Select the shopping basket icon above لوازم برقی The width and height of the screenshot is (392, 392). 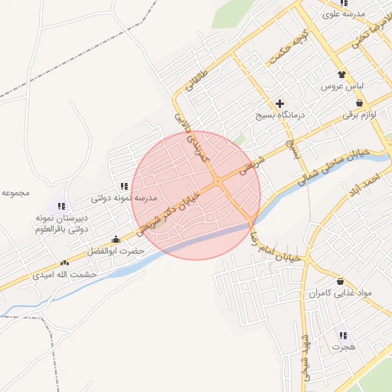tap(359, 103)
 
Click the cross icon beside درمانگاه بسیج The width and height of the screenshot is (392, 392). tap(279, 103)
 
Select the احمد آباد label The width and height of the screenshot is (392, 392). tap(369, 185)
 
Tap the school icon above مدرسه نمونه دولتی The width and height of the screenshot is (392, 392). tap(123, 186)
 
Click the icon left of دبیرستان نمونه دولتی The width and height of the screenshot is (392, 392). tap(61, 206)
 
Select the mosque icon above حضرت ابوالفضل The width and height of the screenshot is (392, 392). tap(116, 239)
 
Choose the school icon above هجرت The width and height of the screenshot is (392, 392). tap(342, 335)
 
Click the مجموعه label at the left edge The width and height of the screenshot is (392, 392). tap(15, 192)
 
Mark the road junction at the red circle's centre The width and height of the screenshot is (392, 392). tap(219, 181)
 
